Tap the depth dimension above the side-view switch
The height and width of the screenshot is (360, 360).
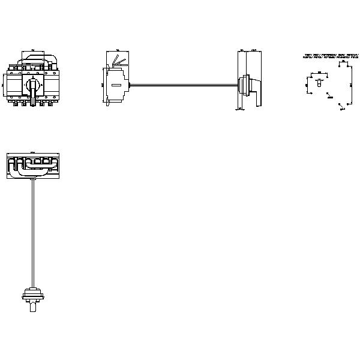[116, 51]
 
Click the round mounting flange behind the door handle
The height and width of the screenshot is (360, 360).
[245, 85]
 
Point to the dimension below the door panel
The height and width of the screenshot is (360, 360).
[240, 109]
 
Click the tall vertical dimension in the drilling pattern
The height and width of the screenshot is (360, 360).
[307, 85]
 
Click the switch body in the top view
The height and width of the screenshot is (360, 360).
[32, 166]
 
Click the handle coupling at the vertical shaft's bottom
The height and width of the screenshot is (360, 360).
[32, 295]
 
